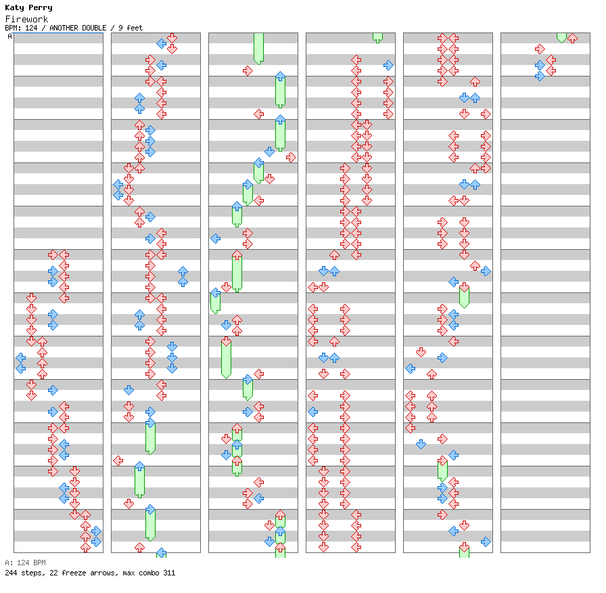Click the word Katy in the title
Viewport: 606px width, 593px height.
pos(14,8)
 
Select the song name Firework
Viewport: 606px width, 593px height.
pos(26,19)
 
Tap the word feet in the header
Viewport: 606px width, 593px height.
pos(134,28)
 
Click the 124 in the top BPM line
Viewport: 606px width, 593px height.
pos(31,28)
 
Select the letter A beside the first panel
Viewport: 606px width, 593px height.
pos(9,37)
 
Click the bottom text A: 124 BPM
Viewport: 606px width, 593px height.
pos(25,563)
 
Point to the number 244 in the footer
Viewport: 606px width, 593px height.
pos(11,573)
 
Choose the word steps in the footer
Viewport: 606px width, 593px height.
pos(32,573)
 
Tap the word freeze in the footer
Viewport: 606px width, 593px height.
pos(70,573)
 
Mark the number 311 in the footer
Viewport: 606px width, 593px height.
pos(168,573)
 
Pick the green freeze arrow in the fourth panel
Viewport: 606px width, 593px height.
pos(377,37)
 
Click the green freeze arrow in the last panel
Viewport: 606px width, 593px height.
pos(561,37)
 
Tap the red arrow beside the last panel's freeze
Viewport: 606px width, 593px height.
pos(572,38)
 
